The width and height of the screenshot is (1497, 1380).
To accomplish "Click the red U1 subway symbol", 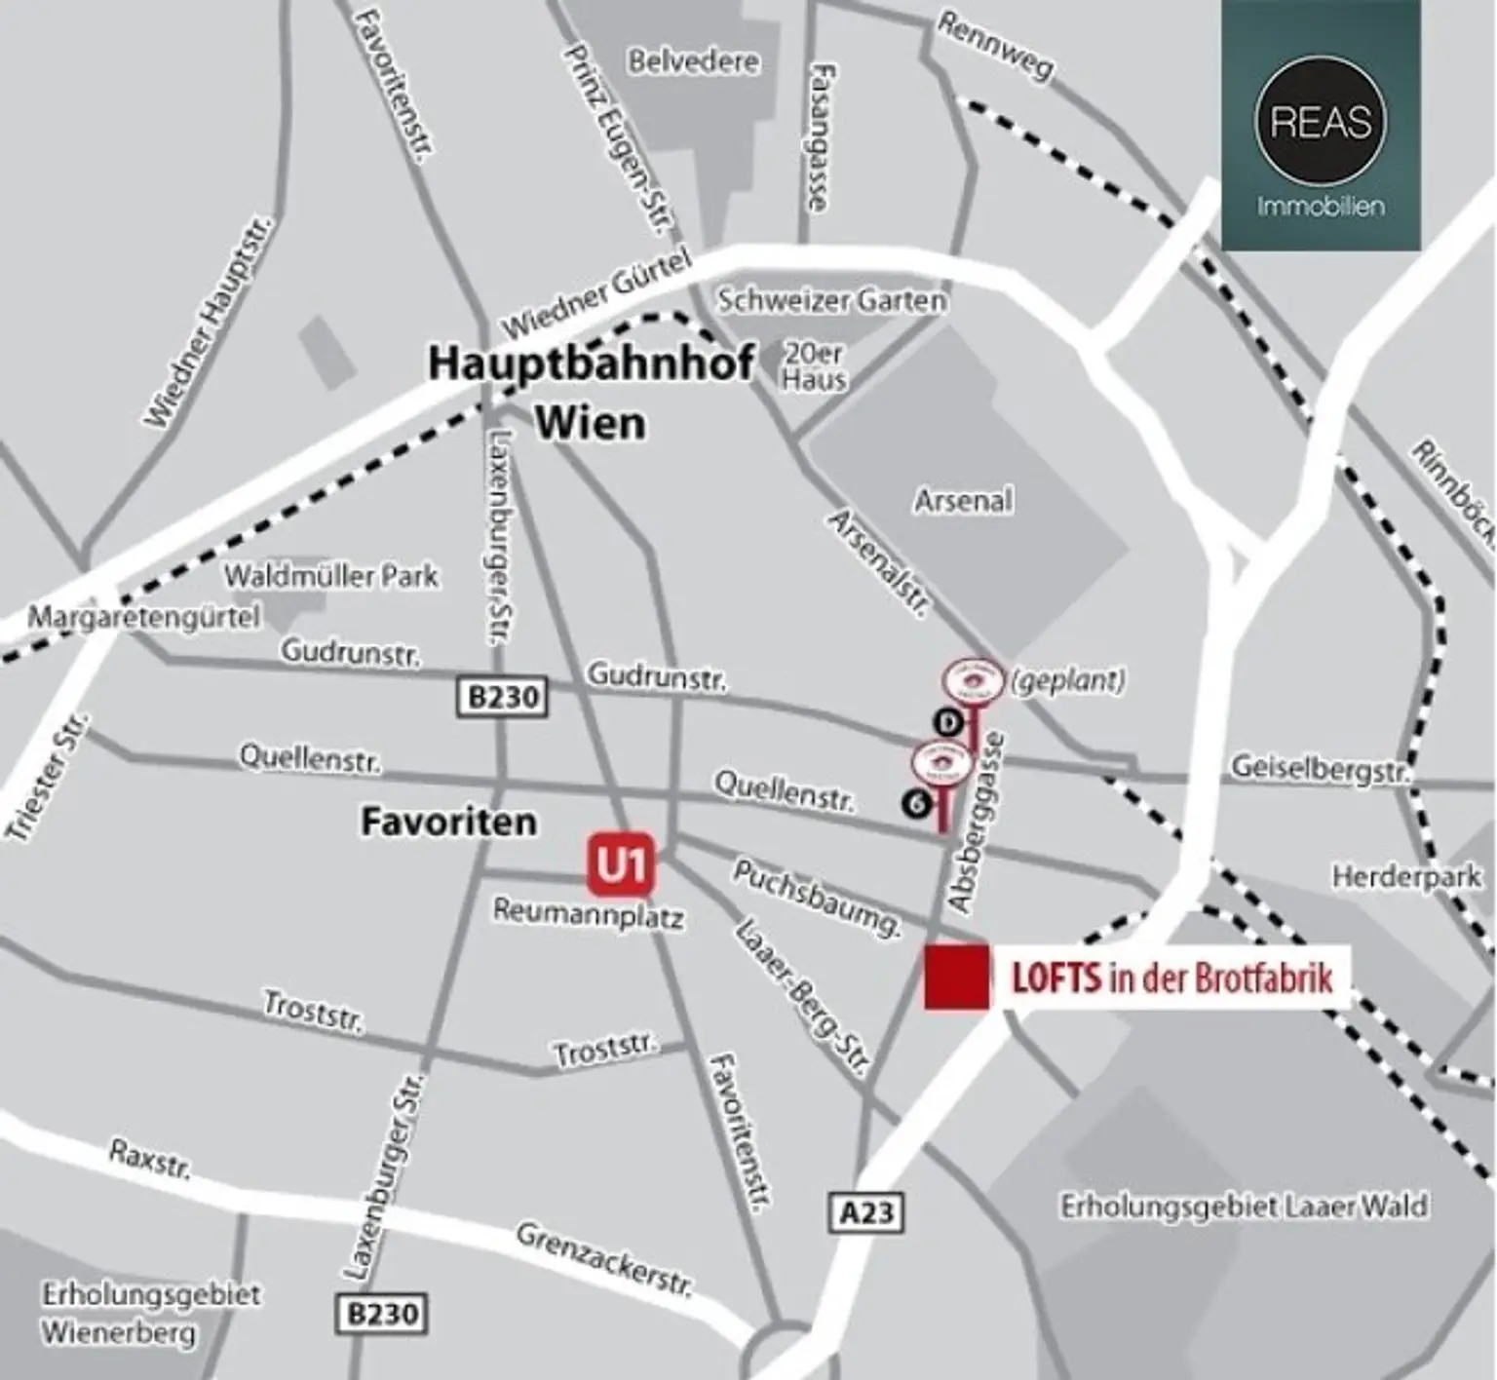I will click(621, 864).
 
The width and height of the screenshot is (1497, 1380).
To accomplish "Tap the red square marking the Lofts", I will click(956, 977).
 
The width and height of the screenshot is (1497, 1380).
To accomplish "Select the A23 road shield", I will click(865, 1212).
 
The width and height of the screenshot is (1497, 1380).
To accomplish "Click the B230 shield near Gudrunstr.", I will click(502, 698).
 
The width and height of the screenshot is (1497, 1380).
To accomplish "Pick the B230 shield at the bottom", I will click(382, 1314).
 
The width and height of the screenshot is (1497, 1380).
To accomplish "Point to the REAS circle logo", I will click(1321, 121).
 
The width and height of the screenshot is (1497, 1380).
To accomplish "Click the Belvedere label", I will click(693, 61).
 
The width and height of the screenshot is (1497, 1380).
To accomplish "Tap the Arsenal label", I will click(963, 501).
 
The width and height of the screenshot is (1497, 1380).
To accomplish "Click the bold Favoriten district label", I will click(448, 822).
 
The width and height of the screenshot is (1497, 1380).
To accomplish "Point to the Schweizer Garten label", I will click(831, 299).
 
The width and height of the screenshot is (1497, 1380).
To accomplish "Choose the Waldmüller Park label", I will click(331, 576).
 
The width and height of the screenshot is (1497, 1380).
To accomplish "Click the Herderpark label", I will click(1406, 877).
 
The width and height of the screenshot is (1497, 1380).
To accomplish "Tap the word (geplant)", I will click(1068, 679).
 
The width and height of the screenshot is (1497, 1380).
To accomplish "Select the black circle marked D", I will click(948, 722).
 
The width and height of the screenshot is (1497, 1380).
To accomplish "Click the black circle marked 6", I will click(915, 803).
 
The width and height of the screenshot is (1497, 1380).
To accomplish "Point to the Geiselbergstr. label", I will click(1320, 769).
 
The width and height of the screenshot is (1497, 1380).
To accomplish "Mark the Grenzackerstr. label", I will click(604, 1260).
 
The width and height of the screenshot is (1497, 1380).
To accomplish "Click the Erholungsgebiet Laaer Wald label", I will click(1244, 1207).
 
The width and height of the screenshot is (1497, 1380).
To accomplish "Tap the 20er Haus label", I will click(815, 366).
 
